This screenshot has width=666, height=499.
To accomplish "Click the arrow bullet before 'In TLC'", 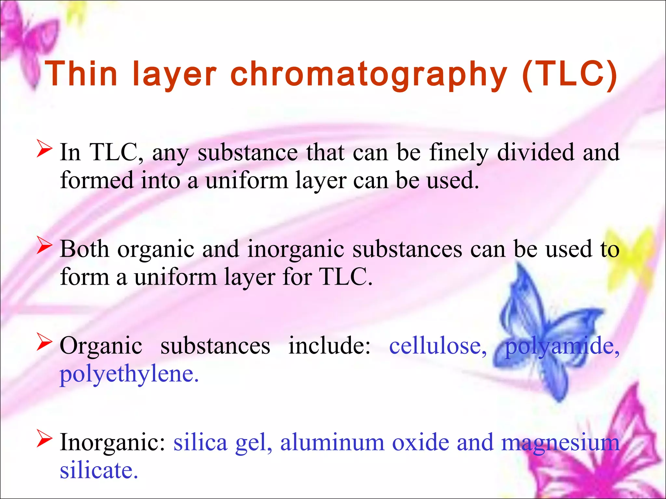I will pos(44,148).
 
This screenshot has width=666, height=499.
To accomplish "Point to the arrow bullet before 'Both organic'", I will pos(44,245).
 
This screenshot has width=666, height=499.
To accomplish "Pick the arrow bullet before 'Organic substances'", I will pos(44,342).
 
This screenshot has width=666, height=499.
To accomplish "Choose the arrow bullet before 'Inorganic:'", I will pos(44,439).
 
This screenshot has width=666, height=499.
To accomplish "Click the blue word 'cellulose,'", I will pos(438,346).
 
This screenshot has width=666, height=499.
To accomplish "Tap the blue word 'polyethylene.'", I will pos(129,374).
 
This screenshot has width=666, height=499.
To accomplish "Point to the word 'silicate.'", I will pos(99,470).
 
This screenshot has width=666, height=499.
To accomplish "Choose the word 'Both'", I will pos(85,249).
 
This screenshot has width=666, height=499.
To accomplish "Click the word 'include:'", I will pos(329,346).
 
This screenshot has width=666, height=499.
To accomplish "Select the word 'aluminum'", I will pos(332,442).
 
